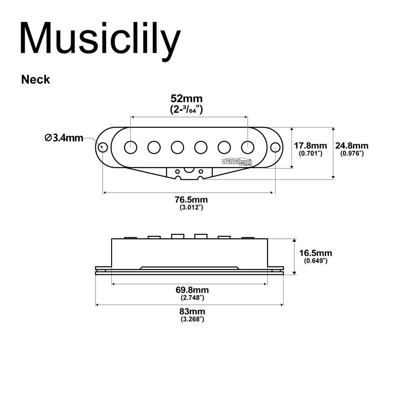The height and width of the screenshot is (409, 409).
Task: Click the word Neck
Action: pos(36,79)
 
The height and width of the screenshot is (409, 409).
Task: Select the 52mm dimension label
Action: pos(187,98)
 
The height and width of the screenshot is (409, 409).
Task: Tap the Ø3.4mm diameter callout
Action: pos(64,138)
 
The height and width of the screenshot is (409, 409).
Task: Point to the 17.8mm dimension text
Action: pos(310,146)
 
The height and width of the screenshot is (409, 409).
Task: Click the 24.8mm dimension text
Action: pos(351,146)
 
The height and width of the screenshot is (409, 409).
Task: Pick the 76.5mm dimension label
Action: pos(191,200)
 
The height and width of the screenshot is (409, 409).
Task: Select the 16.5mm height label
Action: pos(316,253)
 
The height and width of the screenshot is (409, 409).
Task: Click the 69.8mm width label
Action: pos(192,290)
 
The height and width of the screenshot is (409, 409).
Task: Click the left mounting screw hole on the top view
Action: pos(103,147)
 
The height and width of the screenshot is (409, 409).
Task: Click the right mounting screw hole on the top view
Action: pos(275,147)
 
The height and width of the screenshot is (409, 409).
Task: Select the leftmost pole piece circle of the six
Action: pos(131,147)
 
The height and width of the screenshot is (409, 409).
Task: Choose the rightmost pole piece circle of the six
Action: pos(247,147)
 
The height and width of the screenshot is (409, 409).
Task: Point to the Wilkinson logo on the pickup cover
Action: pos(237,162)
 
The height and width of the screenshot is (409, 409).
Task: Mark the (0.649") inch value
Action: pos(316,261)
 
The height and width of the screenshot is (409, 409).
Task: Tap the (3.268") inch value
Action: pos(192,319)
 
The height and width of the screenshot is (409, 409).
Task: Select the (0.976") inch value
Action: pos(351,153)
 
